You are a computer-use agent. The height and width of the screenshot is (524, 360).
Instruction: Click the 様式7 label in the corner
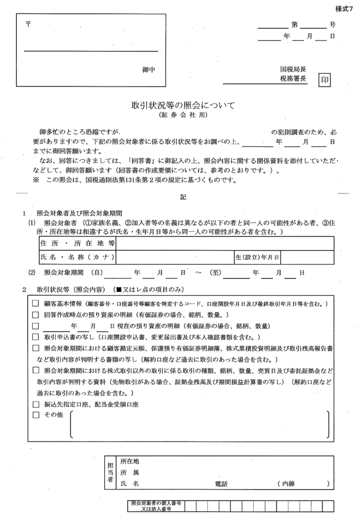tap(344, 10)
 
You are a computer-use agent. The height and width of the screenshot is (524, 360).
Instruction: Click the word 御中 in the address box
tap(148, 70)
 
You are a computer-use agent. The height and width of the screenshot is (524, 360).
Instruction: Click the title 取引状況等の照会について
tap(182, 106)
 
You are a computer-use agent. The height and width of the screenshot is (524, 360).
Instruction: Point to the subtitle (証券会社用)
tap(182, 116)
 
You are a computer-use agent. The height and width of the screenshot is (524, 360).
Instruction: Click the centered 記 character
tap(183, 197)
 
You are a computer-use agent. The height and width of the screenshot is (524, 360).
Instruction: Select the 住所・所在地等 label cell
tap(76, 243)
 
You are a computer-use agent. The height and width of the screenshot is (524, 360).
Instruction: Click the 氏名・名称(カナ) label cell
tap(76, 256)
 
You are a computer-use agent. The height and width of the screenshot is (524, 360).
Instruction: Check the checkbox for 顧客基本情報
tap(36, 304)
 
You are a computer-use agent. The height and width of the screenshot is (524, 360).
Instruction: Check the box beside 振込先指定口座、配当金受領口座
tap(36, 404)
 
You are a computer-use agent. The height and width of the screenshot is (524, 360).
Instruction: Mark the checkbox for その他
tap(36, 414)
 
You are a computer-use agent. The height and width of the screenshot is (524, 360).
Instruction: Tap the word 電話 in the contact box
tap(221, 484)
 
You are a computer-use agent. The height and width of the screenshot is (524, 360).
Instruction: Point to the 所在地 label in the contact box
tap(129, 462)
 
